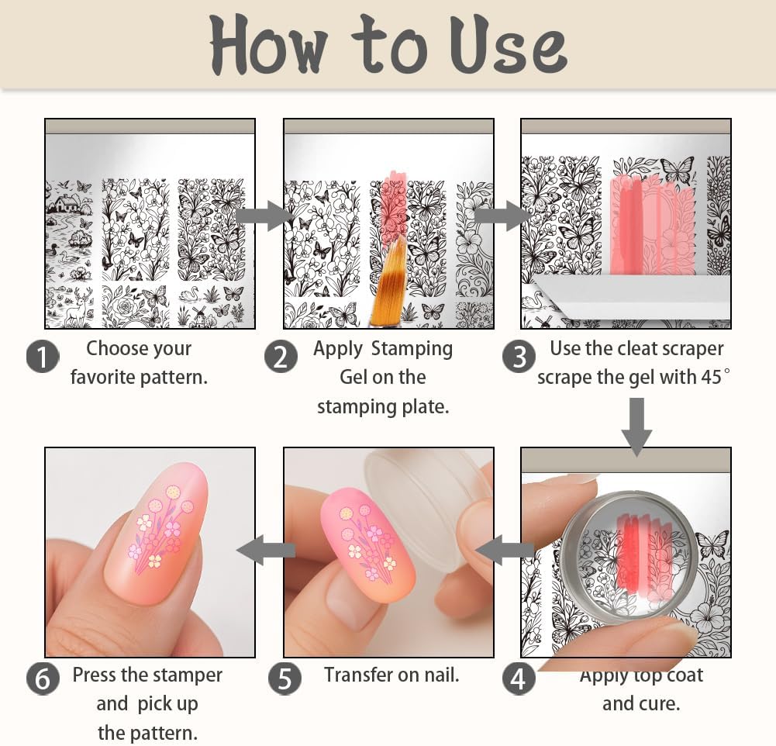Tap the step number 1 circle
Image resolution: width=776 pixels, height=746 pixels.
click(43, 357)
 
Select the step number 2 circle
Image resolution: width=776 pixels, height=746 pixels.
click(281, 357)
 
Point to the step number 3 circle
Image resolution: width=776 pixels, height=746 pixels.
click(519, 357)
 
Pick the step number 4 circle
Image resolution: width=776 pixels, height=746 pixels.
click(519, 679)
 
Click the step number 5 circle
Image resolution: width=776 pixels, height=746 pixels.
click(285, 679)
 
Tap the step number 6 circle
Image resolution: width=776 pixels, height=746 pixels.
click(43, 679)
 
